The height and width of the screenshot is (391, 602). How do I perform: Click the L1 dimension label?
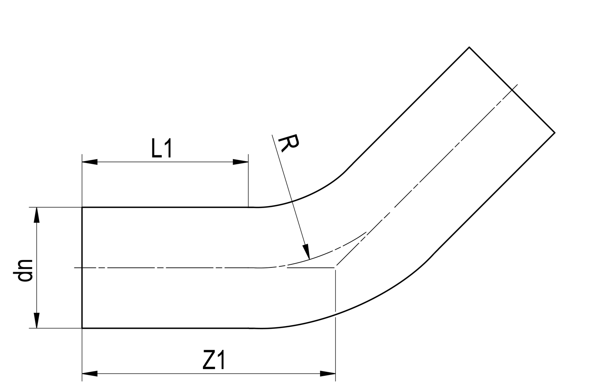[x=162, y=149]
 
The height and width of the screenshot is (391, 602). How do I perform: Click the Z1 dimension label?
[x=214, y=361]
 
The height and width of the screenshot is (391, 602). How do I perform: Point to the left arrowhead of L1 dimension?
[x=90, y=162]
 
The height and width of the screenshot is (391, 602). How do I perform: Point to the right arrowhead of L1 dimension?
[x=240, y=162]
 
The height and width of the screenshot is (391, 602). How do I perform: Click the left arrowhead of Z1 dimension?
[x=90, y=374]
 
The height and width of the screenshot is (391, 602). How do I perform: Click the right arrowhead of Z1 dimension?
[x=328, y=374]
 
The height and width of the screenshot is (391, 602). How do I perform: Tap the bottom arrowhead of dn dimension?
[x=37, y=320]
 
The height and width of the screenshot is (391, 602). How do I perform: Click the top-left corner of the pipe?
[x=82, y=207]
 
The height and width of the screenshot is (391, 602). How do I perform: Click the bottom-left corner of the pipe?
[x=82, y=328]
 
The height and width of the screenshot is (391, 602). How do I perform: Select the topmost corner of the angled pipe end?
[x=469, y=47]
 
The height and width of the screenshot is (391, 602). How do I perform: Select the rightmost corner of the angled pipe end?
[x=555, y=133]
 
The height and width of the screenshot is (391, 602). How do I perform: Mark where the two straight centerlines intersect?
[x=335, y=267]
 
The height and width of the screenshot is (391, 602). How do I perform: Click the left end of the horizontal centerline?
[x=75, y=268]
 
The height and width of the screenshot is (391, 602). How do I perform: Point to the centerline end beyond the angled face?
[x=518, y=84]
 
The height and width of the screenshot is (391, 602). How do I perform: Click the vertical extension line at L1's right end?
[x=248, y=180]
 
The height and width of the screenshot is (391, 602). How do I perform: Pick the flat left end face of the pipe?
[x=82, y=268]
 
